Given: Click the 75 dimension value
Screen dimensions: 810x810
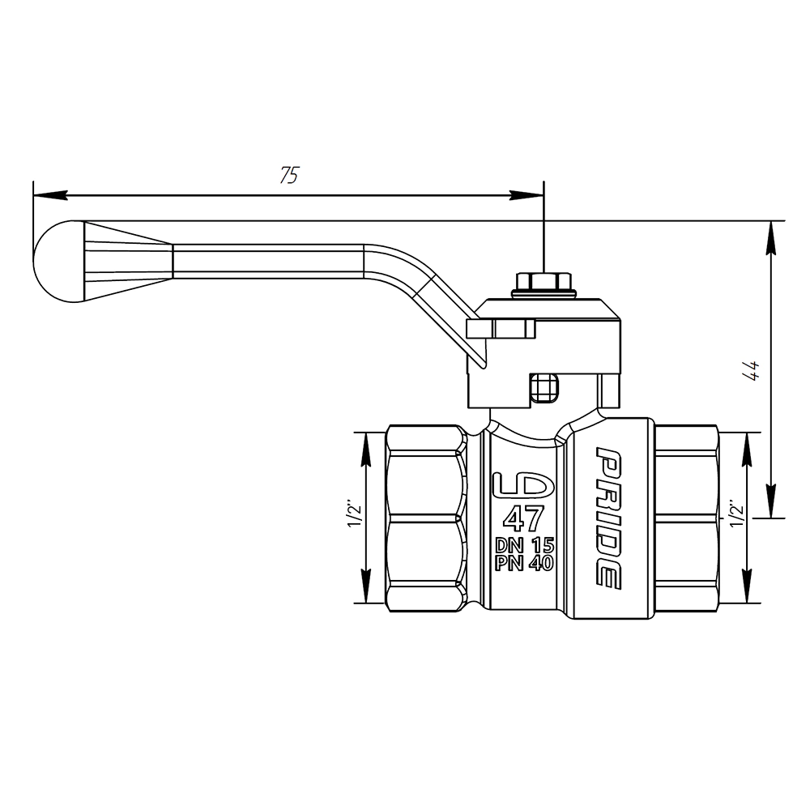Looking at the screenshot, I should point(289,175).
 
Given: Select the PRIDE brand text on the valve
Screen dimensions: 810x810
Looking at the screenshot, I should point(608,517).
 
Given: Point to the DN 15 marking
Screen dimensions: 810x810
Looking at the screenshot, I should point(524,545).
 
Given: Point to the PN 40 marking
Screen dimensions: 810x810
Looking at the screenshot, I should point(524,563).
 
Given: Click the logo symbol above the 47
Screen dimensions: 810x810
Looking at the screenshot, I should point(523,486).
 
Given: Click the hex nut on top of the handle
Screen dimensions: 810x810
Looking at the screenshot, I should point(544,282).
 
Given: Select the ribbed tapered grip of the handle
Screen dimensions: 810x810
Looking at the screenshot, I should point(128,262).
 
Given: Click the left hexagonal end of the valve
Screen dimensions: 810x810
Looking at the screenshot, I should point(426,518).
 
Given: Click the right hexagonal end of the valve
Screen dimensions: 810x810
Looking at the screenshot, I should point(686,518).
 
